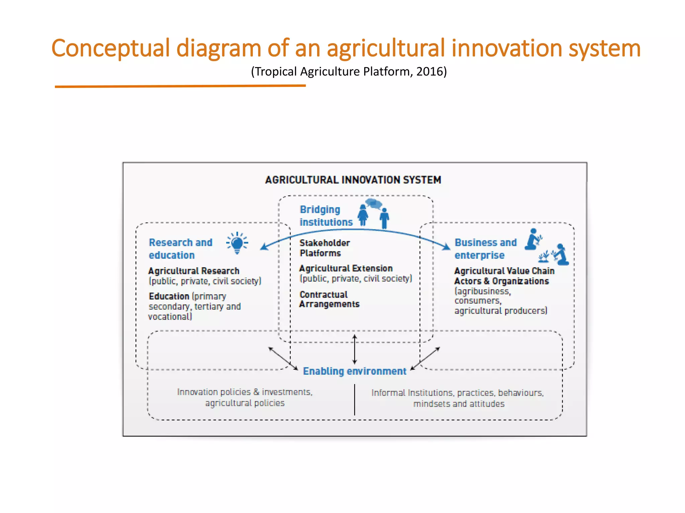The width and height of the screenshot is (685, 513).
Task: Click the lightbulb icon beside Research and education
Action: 237,243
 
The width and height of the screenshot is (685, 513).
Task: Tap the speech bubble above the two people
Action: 374,203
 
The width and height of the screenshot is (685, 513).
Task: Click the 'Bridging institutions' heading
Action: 326,216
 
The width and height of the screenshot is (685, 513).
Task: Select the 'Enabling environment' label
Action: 355,371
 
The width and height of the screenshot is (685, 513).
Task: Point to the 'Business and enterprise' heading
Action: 485,249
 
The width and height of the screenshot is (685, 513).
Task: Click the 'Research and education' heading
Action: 180,249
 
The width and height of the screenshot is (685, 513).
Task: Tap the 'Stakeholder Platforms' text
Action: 324,248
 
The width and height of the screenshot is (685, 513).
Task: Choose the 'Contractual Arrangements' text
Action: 329,299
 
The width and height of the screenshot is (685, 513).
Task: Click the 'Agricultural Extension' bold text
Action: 346,268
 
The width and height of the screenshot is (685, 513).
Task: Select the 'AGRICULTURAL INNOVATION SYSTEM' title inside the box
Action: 353,180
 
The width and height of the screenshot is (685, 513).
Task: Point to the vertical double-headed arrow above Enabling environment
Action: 355,349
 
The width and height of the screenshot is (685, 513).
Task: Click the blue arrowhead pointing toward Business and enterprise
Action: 446,247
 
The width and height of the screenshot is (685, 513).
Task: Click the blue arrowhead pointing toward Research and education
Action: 264,247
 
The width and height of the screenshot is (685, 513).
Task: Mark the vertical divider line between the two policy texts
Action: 355,399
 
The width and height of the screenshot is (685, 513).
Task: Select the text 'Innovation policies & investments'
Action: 244,392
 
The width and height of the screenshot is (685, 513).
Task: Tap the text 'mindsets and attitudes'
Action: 459,404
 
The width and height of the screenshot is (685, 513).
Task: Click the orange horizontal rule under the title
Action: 180,86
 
